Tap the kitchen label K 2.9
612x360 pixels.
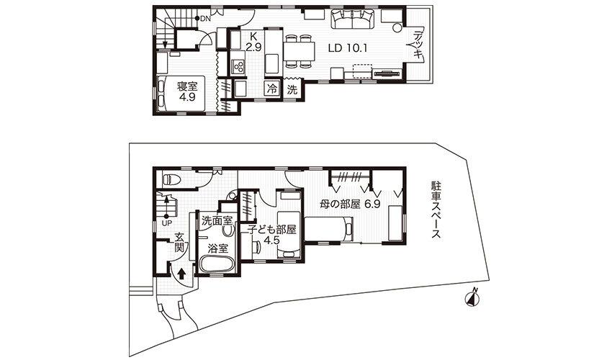pyautogui.click(x=253, y=42)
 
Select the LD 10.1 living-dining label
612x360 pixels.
pyautogui.click(x=349, y=49)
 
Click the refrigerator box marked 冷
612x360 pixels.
pyautogui.click(x=272, y=89)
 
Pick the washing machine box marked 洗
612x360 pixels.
pyautogui.click(x=292, y=89)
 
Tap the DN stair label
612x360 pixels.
pyautogui.click(x=206, y=18)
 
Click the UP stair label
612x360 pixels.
pyautogui.click(x=166, y=222)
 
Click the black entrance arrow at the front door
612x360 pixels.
pyautogui.click(x=181, y=274)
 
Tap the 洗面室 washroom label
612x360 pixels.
pyautogui.click(x=216, y=220)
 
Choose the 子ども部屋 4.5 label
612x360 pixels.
pyautogui.click(x=272, y=235)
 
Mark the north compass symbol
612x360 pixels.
pyautogui.click(x=473, y=297)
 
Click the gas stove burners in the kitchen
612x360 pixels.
pyautogui.click(x=238, y=67)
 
